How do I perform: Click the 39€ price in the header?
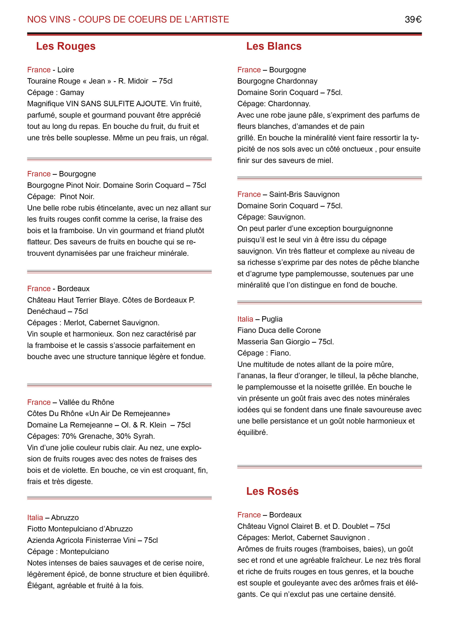(x=413, y=19)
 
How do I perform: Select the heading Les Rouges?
(x=65, y=46)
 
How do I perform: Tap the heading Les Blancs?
(x=274, y=46)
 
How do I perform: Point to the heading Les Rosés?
(x=272, y=491)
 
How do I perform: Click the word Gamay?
(x=72, y=92)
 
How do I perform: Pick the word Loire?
(x=65, y=70)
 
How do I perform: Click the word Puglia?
(x=272, y=319)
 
